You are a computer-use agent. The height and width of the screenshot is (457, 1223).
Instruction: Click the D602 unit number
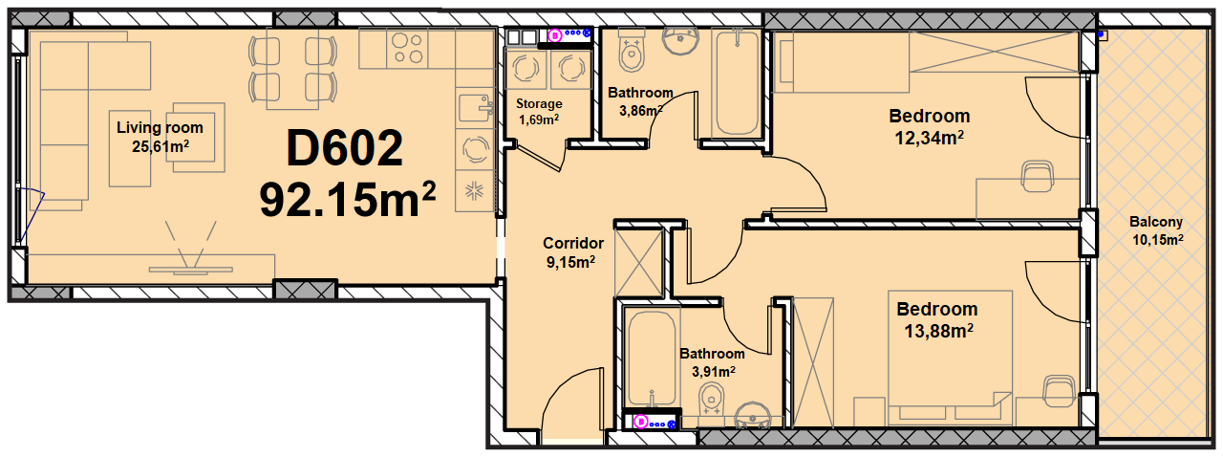coord(345,147)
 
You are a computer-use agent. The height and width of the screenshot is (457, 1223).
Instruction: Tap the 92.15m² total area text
coord(347,200)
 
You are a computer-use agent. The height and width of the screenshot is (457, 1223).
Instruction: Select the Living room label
coord(160,128)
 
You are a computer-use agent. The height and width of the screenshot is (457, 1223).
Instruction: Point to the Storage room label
coord(539,103)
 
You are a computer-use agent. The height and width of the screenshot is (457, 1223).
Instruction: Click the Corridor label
coord(573,243)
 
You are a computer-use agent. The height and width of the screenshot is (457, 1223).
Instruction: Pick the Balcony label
coord(1156,222)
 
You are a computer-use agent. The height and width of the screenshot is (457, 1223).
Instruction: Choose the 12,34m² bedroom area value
coord(929,138)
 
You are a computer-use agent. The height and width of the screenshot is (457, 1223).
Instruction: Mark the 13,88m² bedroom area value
coord(938,331)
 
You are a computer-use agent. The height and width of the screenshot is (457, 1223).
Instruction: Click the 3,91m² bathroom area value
coord(714,372)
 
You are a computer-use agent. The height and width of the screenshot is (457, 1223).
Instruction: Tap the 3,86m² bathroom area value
coord(640,111)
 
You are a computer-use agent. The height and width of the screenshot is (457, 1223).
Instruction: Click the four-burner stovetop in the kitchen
coord(407,48)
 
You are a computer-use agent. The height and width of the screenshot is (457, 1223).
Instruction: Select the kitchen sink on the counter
coord(476,108)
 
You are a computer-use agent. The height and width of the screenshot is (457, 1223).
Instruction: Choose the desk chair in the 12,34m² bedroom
coord(1038,176)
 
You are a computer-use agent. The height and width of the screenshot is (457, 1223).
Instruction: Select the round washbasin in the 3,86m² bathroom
coord(680,41)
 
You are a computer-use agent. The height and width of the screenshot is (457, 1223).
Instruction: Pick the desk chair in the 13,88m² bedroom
coord(1060,391)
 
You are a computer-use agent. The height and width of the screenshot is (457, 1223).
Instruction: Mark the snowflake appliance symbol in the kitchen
coord(474,191)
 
